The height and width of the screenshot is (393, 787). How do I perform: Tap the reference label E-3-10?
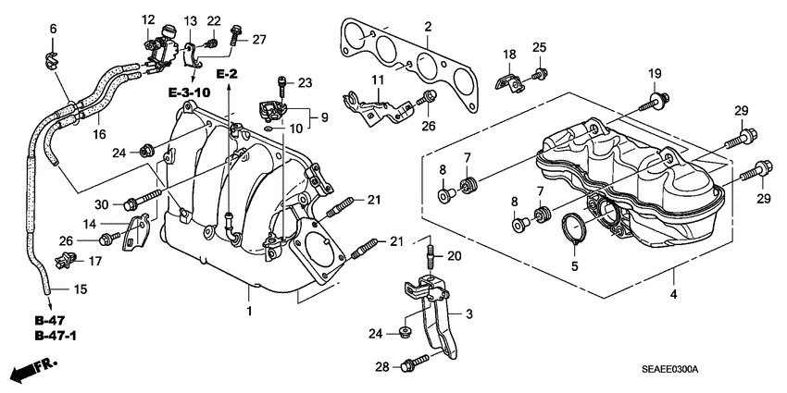pyautogui.click(x=190, y=92)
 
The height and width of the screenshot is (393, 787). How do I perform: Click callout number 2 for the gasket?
pyautogui.click(x=428, y=29)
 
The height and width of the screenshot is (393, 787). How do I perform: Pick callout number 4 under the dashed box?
pyautogui.click(x=674, y=294)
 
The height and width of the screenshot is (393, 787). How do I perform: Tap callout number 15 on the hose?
pyautogui.click(x=80, y=289)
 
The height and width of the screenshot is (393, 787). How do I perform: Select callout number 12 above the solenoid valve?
pyautogui.click(x=148, y=20)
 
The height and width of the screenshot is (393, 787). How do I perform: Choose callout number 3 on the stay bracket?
pyautogui.click(x=468, y=314)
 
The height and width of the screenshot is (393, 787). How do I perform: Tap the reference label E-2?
pyautogui.click(x=228, y=72)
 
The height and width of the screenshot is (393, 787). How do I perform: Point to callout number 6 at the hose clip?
pyautogui.click(x=53, y=31)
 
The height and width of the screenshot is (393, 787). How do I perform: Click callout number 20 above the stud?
pyautogui.click(x=454, y=256)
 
